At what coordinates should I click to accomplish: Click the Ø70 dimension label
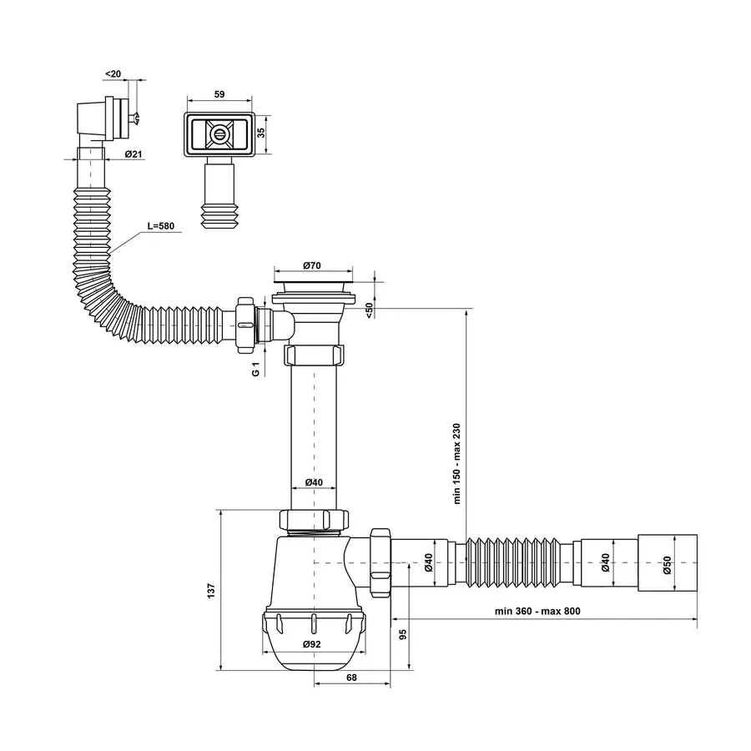312,265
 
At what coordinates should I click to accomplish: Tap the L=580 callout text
160,225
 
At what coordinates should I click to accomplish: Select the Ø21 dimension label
134,154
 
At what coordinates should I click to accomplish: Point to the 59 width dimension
219,94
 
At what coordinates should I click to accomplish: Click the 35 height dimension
261,133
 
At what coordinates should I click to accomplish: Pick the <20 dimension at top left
113,73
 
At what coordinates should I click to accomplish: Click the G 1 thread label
256,369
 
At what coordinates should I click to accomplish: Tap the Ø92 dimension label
312,644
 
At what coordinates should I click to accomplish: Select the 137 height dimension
211,591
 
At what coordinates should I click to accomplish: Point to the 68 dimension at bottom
351,678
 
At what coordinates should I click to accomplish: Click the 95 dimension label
403,634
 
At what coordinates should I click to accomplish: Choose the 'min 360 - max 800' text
537,611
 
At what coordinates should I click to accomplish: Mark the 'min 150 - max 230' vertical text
456,463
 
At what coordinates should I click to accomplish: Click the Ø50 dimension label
668,565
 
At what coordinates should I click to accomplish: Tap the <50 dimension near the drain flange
370,310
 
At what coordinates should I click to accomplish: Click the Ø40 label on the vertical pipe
314,482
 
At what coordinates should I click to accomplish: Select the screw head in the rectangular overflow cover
219,134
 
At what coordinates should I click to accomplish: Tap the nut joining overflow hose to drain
244,325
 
